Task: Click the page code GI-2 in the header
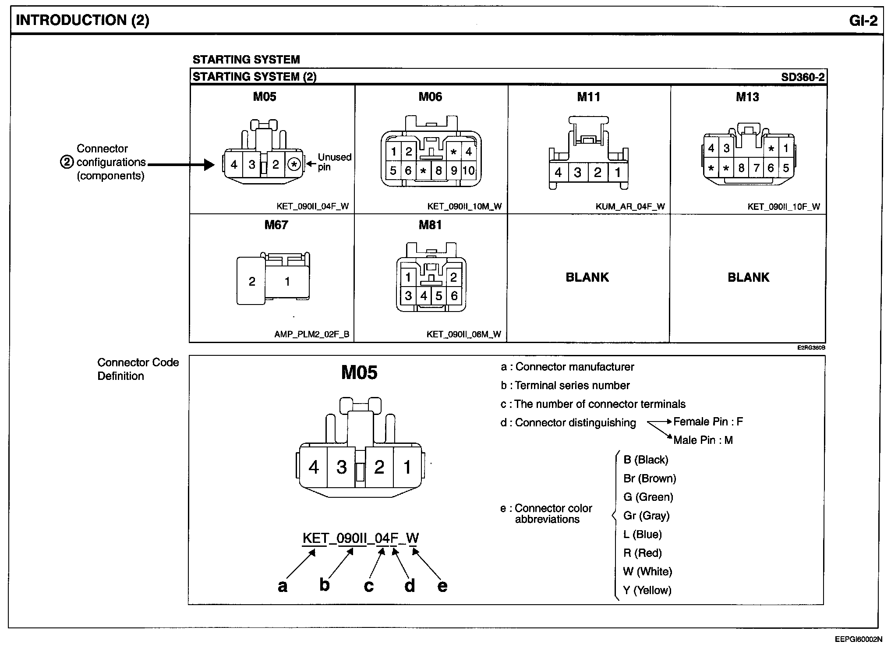pyautogui.click(x=863, y=21)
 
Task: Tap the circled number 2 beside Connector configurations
pyautogui.click(x=67, y=162)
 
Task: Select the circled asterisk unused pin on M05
pyautogui.click(x=294, y=165)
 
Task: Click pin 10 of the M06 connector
pyautogui.click(x=468, y=170)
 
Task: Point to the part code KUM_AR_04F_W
pyautogui.click(x=630, y=206)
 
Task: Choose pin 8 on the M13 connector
pyautogui.click(x=741, y=168)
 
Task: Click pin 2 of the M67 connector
pyautogui.click(x=251, y=281)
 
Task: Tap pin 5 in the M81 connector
pyautogui.click(x=438, y=296)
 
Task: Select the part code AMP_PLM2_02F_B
pyautogui.click(x=311, y=334)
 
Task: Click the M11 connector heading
pyautogui.click(x=588, y=97)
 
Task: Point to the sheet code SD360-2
pyautogui.click(x=803, y=78)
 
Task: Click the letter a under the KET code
pyautogui.click(x=283, y=585)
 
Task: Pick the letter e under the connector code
pyautogui.click(x=442, y=585)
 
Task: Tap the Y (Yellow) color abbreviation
pyautogui.click(x=647, y=590)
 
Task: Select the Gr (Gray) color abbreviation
pyautogui.click(x=646, y=516)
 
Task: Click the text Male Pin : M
pyautogui.click(x=703, y=440)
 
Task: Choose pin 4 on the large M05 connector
pyautogui.click(x=313, y=467)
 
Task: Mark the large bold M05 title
pyautogui.click(x=359, y=373)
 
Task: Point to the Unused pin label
pyautogui.click(x=334, y=162)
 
